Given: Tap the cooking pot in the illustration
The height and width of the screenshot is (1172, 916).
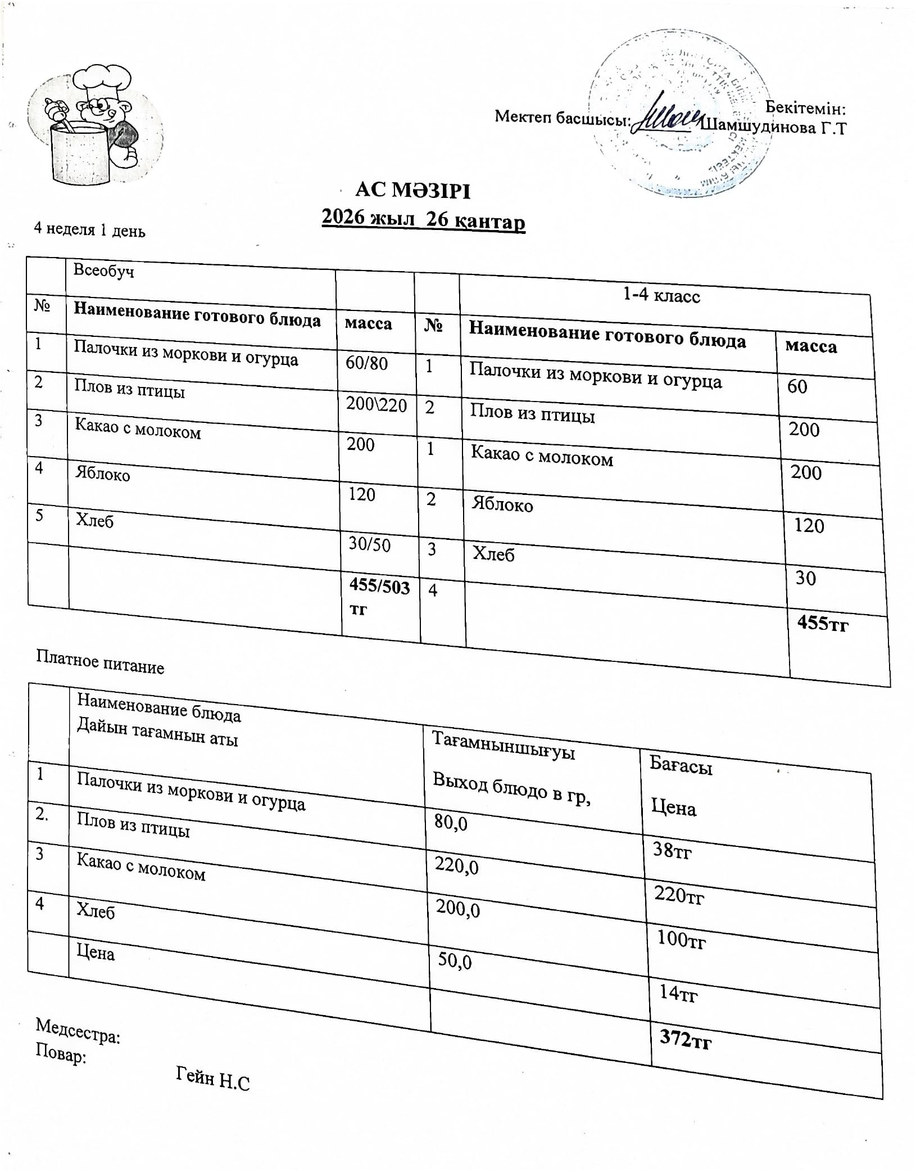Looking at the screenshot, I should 79,155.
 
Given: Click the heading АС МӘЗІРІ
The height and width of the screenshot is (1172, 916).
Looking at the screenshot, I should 412,191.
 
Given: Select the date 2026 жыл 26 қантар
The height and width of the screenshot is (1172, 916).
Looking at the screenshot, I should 423,219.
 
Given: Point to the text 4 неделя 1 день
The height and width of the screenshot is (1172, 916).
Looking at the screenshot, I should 89,229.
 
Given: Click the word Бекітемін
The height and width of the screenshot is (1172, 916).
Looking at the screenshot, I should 805,107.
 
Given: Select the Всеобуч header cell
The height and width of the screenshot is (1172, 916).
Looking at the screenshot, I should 104,271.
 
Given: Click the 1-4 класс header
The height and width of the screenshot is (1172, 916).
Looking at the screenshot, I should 661,296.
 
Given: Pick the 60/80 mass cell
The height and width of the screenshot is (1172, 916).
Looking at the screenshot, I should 366,363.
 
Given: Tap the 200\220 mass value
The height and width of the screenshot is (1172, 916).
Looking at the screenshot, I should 376,404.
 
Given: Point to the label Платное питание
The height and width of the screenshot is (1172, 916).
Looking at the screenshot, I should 100,662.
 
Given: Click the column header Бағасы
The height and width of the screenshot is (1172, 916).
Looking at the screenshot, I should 681,765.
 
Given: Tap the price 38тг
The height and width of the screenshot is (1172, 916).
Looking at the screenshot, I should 672,851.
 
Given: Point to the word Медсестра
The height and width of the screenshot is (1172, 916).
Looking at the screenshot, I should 78,1031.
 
